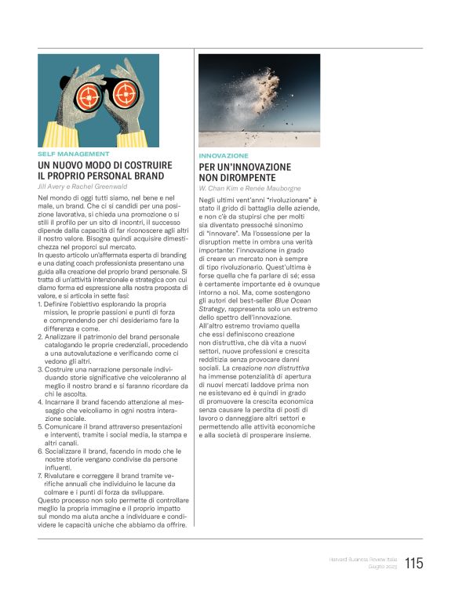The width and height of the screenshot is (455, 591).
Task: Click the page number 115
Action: (x=414, y=562)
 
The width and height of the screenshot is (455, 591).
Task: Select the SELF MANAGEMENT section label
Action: (x=73, y=154)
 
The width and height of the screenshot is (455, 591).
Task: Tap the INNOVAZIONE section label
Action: (x=224, y=156)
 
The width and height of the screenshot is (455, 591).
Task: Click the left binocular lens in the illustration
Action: (x=90, y=95)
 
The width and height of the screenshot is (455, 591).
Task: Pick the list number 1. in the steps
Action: (x=40, y=304)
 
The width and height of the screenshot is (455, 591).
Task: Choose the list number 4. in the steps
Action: (x=40, y=401)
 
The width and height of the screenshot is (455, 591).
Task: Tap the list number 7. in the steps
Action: (x=40, y=475)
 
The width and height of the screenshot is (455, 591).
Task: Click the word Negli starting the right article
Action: (x=207, y=201)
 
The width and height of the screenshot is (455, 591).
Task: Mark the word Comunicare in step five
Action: (x=64, y=426)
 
